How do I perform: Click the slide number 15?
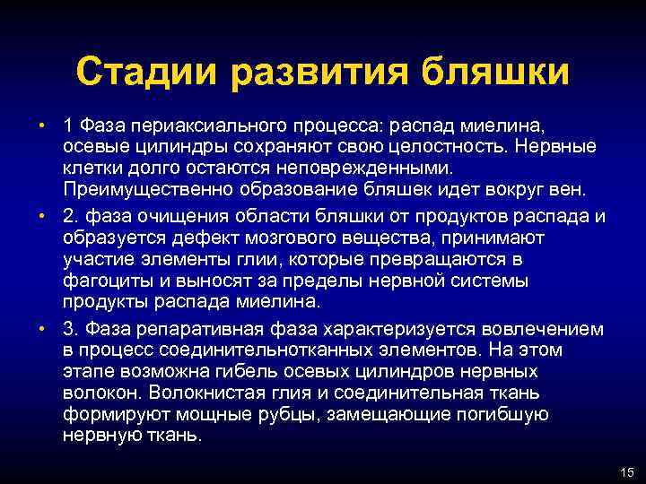[x=626, y=472]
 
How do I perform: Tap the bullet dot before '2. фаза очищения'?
[x=43, y=216]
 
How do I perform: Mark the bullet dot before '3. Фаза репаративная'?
[x=43, y=328]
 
